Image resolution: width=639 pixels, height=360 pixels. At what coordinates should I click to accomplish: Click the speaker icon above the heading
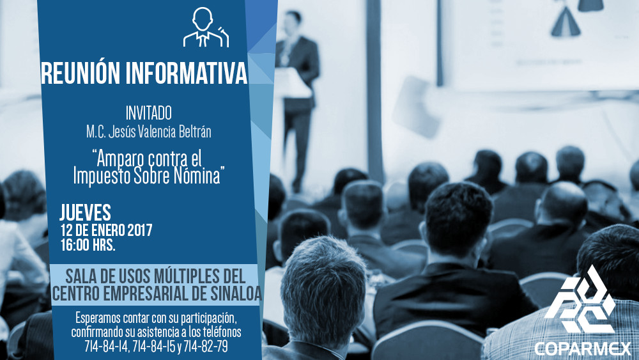pyautogui.click(x=206, y=27)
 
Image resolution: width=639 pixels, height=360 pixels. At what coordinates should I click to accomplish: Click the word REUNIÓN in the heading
pyautogui.click(x=81, y=74)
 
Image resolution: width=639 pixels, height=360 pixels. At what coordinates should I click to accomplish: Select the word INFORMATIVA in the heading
pyautogui.click(x=187, y=74)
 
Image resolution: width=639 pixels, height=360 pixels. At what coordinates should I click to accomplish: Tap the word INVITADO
pyautogui.click(x=148, y=113)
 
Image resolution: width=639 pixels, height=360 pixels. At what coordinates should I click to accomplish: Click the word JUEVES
pyautogui.click(x=85, y=212)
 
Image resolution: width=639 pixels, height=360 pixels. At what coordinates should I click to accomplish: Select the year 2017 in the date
pyautogui.click(x=139, y=230)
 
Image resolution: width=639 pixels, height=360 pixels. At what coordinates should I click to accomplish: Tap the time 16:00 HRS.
pyautogui.click(x=88, y=245)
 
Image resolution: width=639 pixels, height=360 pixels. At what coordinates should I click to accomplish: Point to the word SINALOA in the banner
pyautogui.click(x=237, y=293)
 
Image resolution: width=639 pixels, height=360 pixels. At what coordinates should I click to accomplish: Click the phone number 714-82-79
pyautogui.click(x=205, y=346)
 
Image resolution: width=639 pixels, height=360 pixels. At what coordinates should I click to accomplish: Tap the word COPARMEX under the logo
pyautogui.click(x=583, y=349)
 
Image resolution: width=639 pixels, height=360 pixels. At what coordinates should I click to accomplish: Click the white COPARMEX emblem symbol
pyautogui.click(x=580, y=300)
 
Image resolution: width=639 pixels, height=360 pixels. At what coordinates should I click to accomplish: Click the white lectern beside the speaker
pyautogui.click(x=293, y=84)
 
